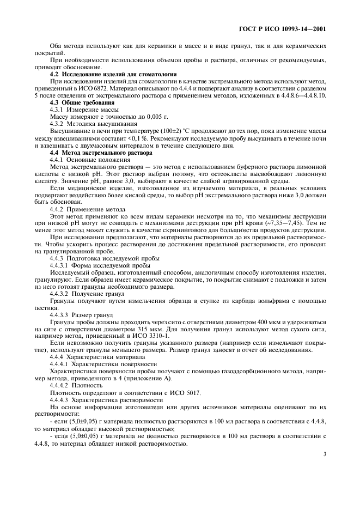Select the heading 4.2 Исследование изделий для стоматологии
[x=113, y=74]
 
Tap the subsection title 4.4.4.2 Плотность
[x=73, y=385]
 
